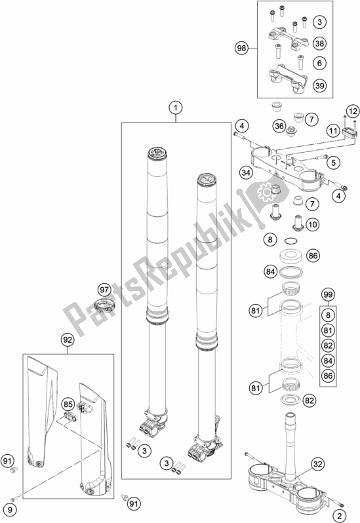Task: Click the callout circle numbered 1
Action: [x=174, y=107]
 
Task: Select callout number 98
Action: [x=242, y=47]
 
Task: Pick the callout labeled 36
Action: [x=279, y=126]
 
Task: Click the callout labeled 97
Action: [x=104, y=290]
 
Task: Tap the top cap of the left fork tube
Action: [x=159, y=155]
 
